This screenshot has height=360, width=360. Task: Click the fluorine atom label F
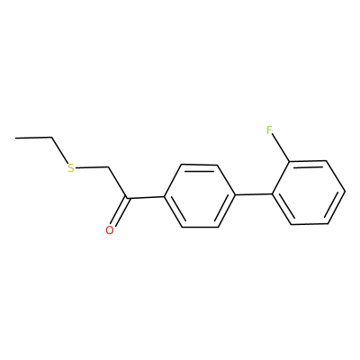click(x=269, y=130)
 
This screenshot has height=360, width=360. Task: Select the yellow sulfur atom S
click(x=71, y=168)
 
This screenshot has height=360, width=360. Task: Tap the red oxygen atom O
click(x=110, y=230)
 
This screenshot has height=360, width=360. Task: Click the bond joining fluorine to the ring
click(x=281, y=148)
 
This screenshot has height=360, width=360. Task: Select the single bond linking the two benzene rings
click(x=254, y=194)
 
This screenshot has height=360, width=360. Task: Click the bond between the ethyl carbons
click(x=33, y=138)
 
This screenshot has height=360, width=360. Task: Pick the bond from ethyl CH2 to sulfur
click(x=59, y=150)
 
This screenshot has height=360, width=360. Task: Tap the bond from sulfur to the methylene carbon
click(x=91, y=166)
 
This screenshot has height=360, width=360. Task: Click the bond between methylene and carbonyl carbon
click(x=117, y=182)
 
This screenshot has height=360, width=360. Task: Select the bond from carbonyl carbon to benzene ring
click(x=146, y=197)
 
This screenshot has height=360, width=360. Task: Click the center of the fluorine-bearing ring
click(x=309, y=193)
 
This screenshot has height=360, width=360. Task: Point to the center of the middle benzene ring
click(x=200, y=195)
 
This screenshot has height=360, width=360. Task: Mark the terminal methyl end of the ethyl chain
click(x=15, y=138)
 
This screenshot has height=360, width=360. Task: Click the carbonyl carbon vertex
click(x=127, y=198)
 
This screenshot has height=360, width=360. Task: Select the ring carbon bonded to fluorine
click(x=290, y=162)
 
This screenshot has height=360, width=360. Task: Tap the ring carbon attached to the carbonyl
click(x=164, y=197)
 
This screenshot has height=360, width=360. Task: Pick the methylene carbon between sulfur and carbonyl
click(x=107, y=166)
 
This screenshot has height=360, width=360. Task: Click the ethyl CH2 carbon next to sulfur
click(x=52, y=138)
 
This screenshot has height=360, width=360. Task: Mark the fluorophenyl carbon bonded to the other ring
click(x=273, y=193)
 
